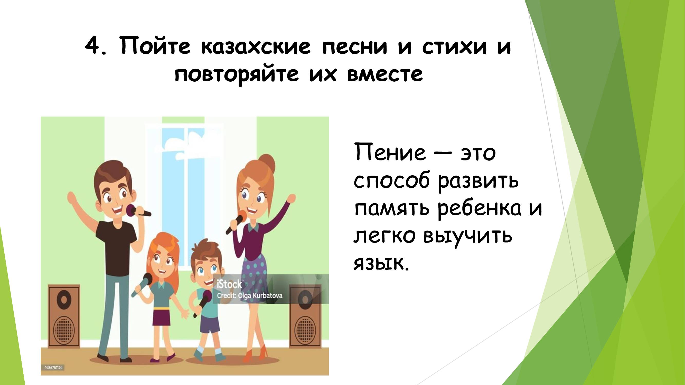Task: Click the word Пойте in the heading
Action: pos(155,45)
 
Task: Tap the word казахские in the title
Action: pos(256,46)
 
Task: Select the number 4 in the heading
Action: pos(92,46)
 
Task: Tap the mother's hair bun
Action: pos(267,163)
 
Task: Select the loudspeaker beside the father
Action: pos(64,316)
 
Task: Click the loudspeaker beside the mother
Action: pos(305,316)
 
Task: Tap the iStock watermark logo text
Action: pos(229,284)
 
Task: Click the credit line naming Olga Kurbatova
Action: pos(250,295)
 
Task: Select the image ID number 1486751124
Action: pos(53,368)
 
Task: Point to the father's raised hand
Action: pos(72,198)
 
